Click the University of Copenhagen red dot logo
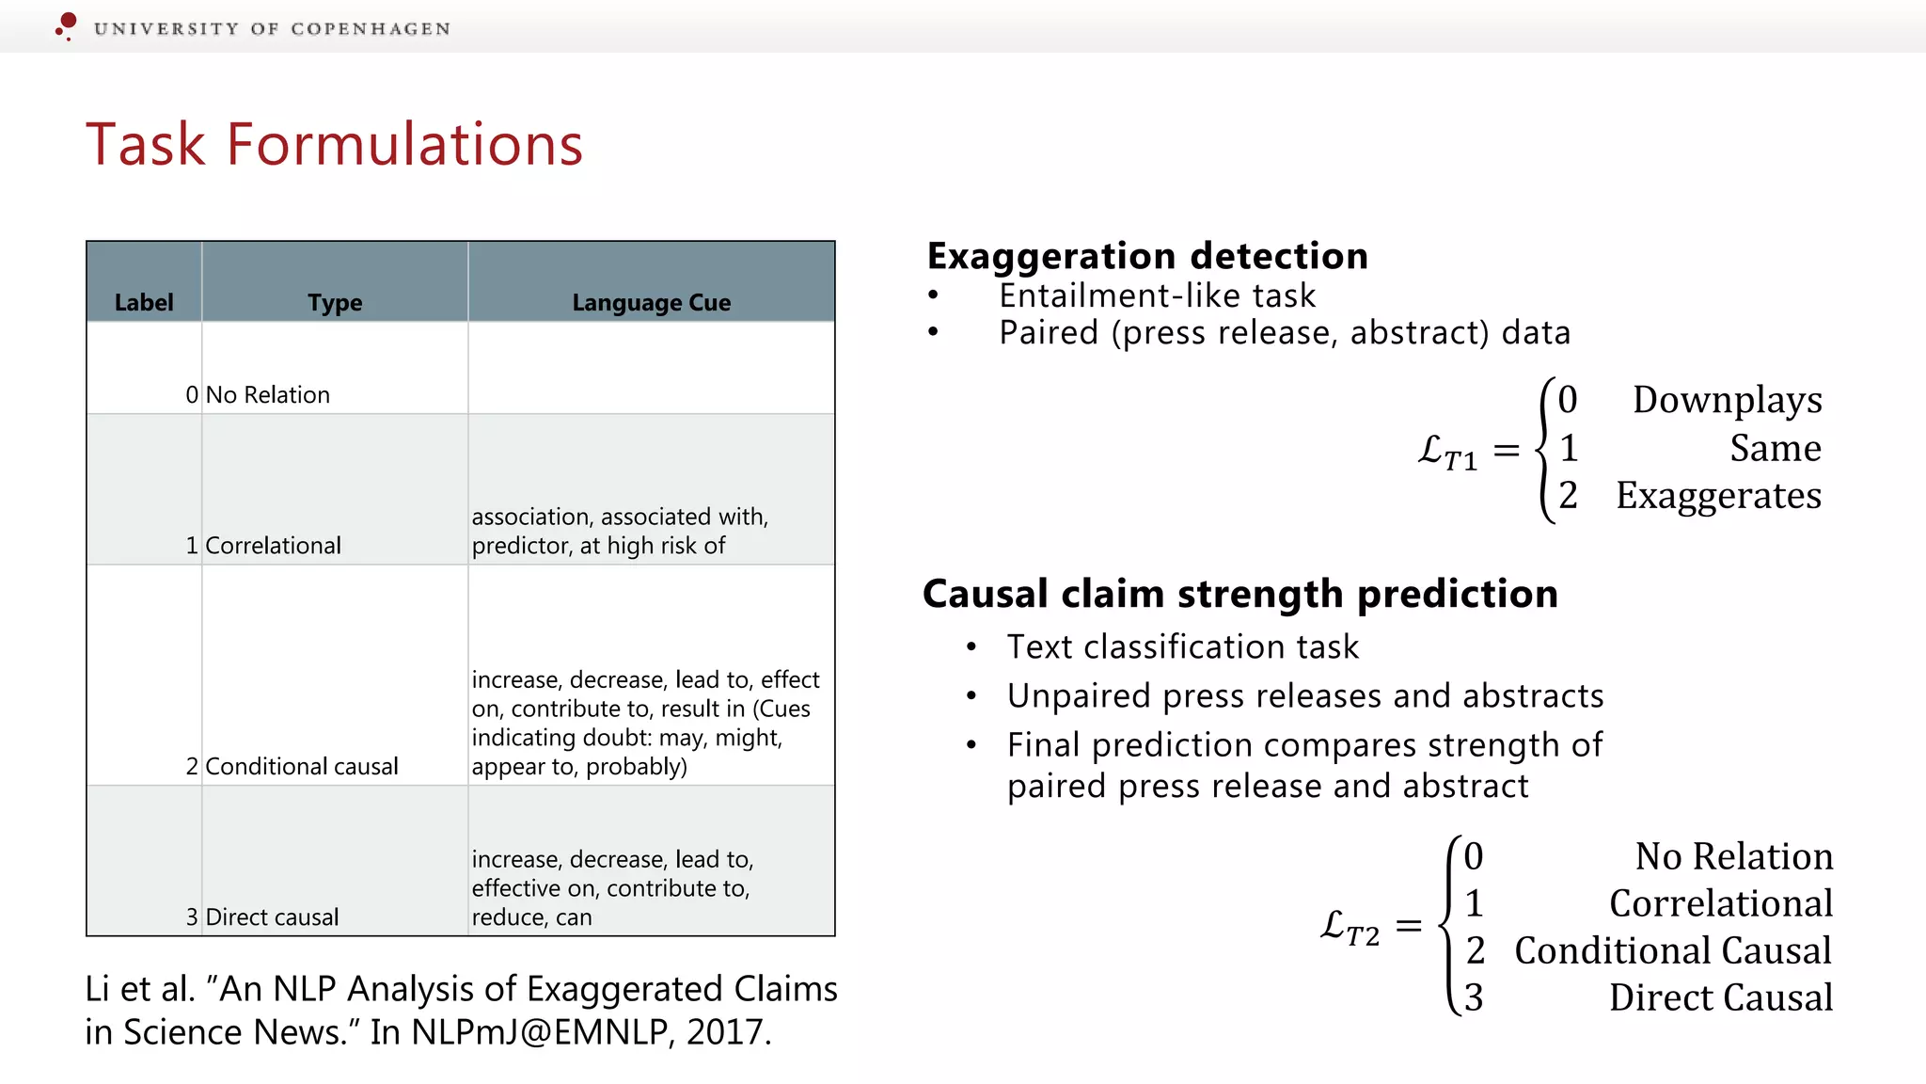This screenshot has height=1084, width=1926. (x=66, y=24)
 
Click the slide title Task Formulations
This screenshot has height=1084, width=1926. (x=334, y=145)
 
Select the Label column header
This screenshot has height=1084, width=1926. (x=144, y=302)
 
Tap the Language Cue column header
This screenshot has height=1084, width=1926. (x=651, y=302)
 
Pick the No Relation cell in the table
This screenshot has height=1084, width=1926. (x=267, y=394)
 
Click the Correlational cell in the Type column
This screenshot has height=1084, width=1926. (x=273, y=545)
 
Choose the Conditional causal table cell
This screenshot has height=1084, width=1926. (x=301, y=766)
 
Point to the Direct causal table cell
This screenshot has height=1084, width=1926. (x=272, y=917)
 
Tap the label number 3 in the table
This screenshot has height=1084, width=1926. (x=192, y=917)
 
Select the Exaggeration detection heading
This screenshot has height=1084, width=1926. (x=1146, y=256)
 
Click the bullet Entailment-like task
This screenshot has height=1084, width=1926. (x=1157, y=295)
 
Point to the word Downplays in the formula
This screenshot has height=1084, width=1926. (x=1727, y=400)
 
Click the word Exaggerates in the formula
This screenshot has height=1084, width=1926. (x=1718, y=495)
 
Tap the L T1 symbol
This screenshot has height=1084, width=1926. (x=1446, y=453)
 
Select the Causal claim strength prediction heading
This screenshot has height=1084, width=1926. (x=1239, y=594)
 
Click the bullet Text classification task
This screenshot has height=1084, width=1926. (x=1182, y=646)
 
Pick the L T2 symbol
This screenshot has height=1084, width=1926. (x=1350, y=927)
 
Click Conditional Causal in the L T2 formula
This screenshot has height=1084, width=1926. (x=1672, y=950)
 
